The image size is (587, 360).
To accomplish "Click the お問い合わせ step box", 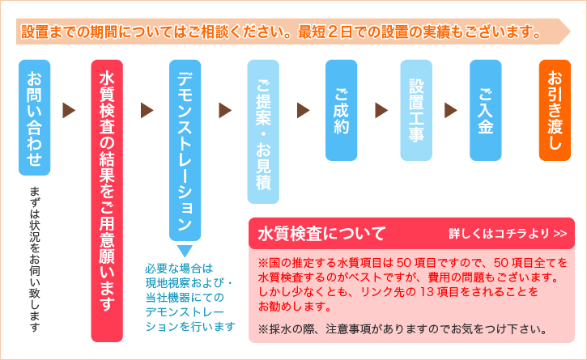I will pyautogui.click(x=34, y=116).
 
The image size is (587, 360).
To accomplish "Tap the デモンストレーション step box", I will pyautogui.click(x=185, y=150).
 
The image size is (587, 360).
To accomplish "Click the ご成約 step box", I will pyautogui.click(x=341, y=110).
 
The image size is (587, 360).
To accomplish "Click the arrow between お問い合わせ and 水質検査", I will pyautogui.click(x=69, y=110).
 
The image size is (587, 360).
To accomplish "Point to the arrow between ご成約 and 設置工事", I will pyautogui.click(x=381, y=110).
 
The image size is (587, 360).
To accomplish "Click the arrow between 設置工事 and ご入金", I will pyautogui.click(x=451, y=110).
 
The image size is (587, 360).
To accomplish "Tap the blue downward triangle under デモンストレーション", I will pyautogui.click(x=184, y=251).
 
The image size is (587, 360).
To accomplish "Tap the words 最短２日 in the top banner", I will pyautogui.click(x=329, y=33).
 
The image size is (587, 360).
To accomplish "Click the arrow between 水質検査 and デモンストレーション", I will pyautogui.click(x=147, y=110).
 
